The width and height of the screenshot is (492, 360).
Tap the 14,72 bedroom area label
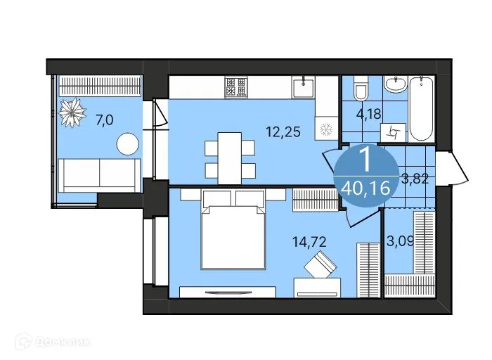[x=309, y=243]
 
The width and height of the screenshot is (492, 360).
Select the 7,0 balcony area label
[x=104, y=120]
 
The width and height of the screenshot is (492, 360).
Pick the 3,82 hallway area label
[x=415, y=177]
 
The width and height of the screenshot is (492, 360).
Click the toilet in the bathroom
[x=361, y=91]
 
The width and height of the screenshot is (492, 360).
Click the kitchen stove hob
[x=236, y=87]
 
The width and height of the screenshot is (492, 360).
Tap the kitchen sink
[x=304, y=88]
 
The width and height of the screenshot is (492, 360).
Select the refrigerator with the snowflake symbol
[x=325, y=130]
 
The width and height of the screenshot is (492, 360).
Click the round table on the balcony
[x=128, y=144]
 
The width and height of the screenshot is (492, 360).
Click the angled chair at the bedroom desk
[x=321, y=267]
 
